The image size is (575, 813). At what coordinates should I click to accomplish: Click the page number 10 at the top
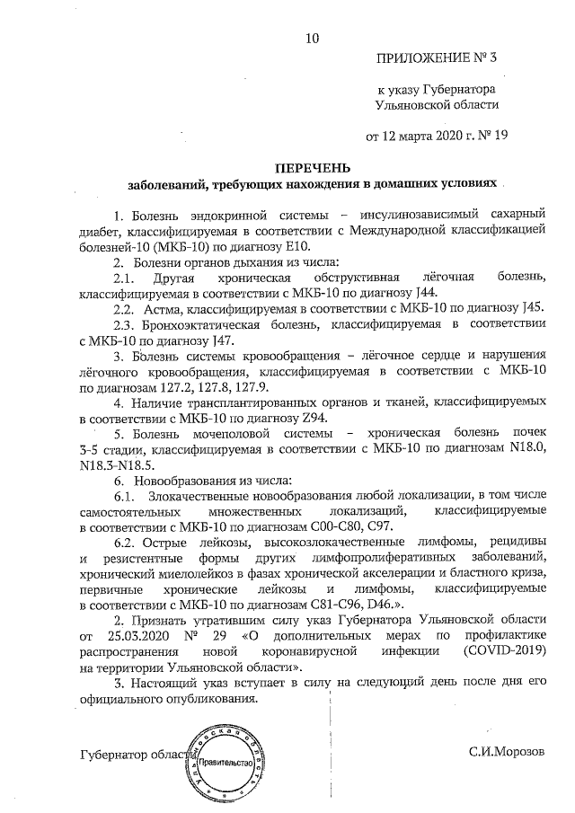(x=312, y=38)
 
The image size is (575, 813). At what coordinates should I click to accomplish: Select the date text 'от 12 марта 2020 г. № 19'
(x=436, y=137)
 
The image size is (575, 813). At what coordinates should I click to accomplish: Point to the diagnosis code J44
(x=428, y=293)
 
